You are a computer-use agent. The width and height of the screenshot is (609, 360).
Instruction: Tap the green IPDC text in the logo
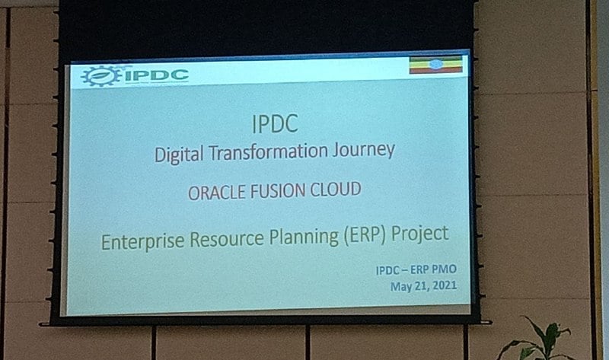(x=157, y=75)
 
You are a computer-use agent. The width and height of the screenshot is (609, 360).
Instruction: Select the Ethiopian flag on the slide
(x=435, y=65)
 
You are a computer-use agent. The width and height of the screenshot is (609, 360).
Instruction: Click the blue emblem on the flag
(x=435, y=65)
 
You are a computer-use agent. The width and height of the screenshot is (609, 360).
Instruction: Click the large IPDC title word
(x=275, y=124)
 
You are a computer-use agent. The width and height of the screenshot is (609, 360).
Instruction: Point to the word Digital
(x=179, y=155)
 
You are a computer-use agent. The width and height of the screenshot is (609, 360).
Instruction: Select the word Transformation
(x=269, y=152)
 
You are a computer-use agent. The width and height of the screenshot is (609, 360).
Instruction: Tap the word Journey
(x=364, y=150)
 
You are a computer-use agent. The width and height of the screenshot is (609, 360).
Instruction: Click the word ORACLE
(x=217, y=193)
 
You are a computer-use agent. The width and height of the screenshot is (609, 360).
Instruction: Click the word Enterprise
(x=143, y=241)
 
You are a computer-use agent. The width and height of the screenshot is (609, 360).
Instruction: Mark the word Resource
(x=227, y=239)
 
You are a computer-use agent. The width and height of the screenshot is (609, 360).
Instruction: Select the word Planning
(x=304, y=237)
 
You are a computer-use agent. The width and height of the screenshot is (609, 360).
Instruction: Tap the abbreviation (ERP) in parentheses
(x=365, y=235)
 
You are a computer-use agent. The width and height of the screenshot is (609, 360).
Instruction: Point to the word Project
(x=420, y=234)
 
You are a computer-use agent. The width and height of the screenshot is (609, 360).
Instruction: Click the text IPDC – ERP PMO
(x=416, y=269)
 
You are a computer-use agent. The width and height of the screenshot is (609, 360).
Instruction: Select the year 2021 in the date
(x=445, y=285)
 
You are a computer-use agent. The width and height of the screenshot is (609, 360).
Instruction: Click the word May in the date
(x=401, y=287)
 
